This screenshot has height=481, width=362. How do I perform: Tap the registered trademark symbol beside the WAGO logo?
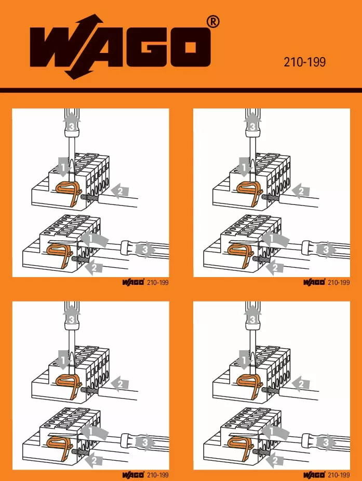click(213, 22)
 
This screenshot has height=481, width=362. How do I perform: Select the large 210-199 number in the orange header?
click(304, 62)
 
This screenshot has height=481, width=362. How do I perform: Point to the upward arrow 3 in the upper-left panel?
click(72, 122)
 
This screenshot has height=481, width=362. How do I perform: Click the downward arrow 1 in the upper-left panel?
click(63, 167)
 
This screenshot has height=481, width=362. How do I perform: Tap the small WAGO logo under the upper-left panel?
click(133, 282)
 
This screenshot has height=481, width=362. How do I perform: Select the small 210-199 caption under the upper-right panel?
click(339, 282)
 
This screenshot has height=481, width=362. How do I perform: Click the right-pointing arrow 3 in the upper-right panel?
click(326, 250)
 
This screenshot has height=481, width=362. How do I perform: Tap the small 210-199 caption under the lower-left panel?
click(158, 475)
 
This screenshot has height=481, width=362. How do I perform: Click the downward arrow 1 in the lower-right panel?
click(245, 359)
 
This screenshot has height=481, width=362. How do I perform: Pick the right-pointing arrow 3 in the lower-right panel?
click(326, 443)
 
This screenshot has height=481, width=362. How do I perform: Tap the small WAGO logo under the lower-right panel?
click(314, 475)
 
